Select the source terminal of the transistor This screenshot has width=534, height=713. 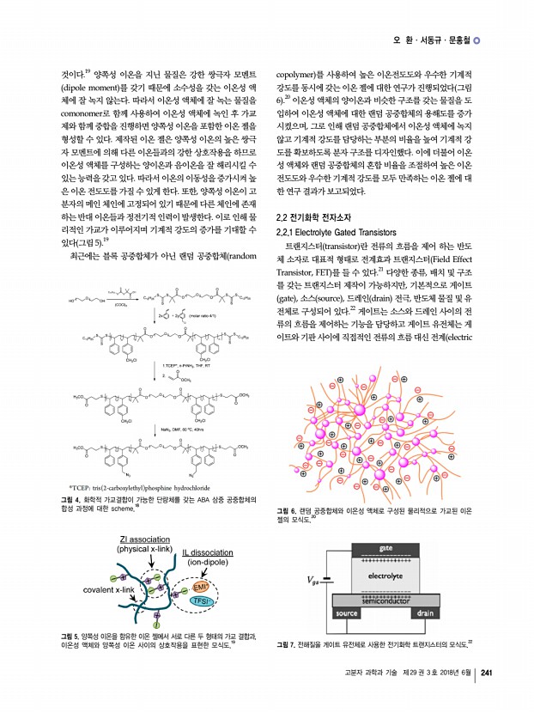point(347,613)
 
